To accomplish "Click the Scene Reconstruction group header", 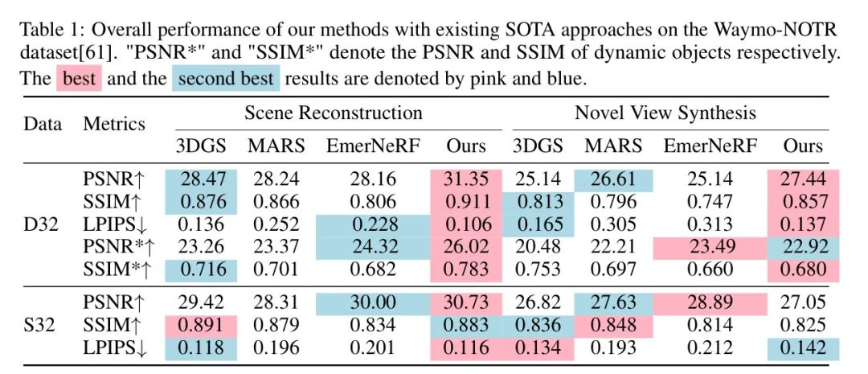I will point(333,113).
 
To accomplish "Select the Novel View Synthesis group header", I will point(665,113).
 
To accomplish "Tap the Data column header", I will point(43,124).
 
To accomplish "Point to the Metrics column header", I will point(114,124).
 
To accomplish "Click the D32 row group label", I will point(41,223).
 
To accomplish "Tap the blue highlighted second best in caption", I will point(226,80).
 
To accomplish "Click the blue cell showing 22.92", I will point(804,245).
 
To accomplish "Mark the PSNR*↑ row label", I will point(116,245).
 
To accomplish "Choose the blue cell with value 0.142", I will point(804,347).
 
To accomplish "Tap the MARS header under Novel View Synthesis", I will point(613,146).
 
